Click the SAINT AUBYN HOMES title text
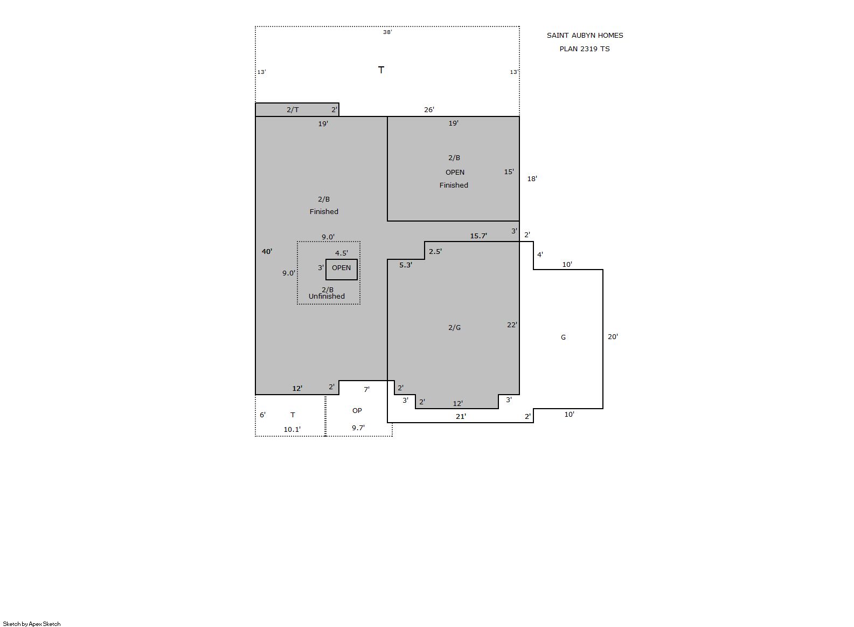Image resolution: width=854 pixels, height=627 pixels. pos(585,36)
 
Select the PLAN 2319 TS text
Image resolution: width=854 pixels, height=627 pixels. pos(585,49)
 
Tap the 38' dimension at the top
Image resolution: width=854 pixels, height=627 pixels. pos(387,32)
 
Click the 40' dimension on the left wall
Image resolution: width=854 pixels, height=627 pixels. pos(267,251)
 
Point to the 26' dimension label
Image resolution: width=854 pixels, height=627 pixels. pos(429,110)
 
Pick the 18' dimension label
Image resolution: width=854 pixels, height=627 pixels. pos(532,178)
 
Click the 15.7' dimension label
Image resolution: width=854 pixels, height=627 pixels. pos(478,236)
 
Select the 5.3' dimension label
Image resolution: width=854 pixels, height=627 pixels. pos(406,265)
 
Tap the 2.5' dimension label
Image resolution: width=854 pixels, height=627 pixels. pos(435,251)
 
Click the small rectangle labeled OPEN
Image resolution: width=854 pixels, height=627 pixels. pos(341,259)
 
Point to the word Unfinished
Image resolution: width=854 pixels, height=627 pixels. pos(327,297)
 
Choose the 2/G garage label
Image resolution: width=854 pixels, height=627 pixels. pos(454,328)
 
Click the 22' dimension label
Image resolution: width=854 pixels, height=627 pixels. pos(512,325)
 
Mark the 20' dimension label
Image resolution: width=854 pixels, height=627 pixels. pos(613,337)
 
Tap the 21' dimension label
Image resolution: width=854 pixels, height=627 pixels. pos(461,417)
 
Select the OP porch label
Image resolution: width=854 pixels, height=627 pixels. pos(357,411)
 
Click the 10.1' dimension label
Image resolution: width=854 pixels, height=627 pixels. pos(292,430)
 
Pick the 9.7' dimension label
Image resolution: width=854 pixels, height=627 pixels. pos(358,428)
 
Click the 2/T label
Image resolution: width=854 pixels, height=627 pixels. pos(293,110)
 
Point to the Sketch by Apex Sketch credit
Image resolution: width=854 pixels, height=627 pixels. pos(32,624)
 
